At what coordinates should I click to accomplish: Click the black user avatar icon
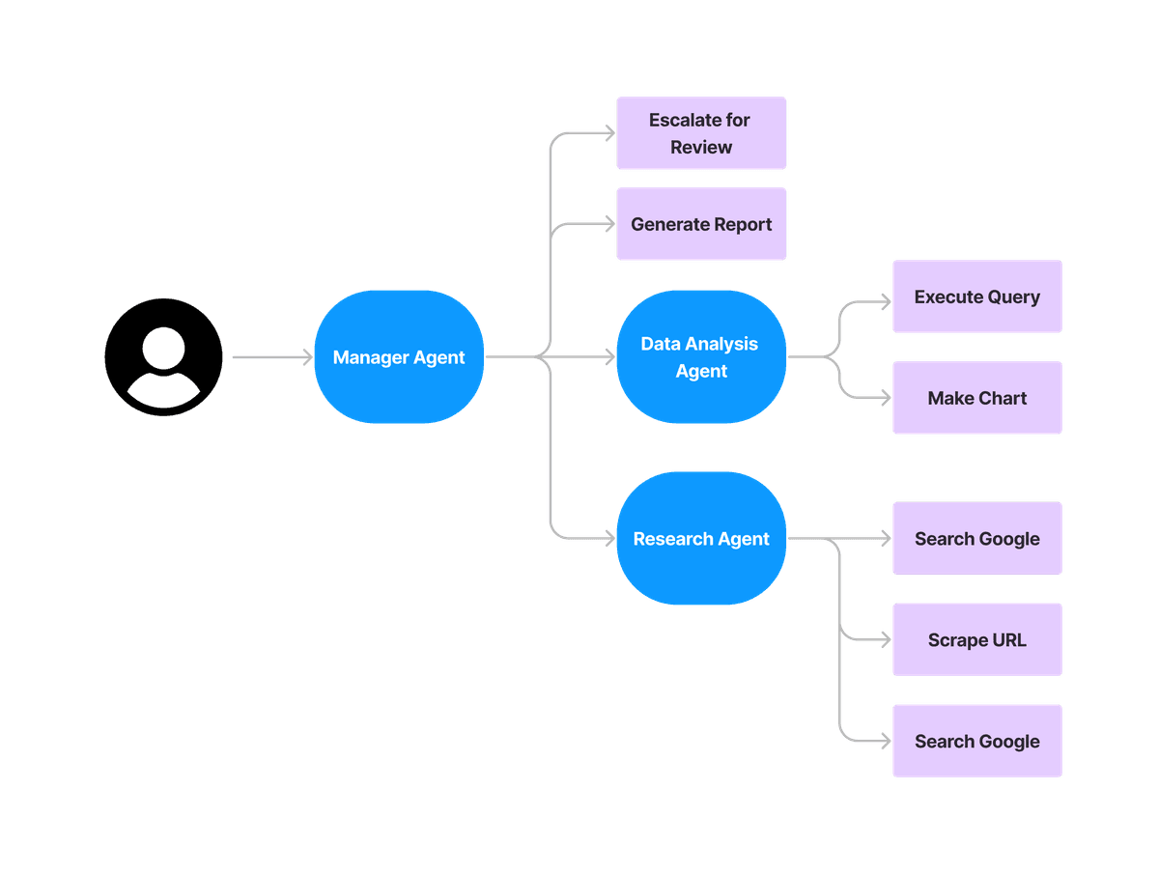[x=163, y=357]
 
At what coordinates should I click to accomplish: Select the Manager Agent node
[x=399, y=357]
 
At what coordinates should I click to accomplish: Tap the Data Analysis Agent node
[x=701, y=357]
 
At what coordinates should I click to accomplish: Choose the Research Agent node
[x=701, y=539]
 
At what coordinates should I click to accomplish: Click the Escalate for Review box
[x=701, y=133]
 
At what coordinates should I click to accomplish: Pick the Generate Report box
[x=701, y=224]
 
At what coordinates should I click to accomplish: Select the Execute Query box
[x=976, y=296]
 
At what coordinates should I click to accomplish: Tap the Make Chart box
[x=976, y=398]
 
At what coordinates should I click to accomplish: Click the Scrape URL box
[x=976, y=639]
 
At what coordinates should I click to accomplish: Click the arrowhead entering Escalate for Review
[x=608, y=133]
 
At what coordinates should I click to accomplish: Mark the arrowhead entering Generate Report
[x=608, y=224]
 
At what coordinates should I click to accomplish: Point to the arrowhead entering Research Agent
[x=608, y=539]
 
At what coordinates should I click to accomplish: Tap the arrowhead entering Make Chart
[x=885, y=398]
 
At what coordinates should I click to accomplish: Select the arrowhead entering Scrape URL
[x=885, y=639]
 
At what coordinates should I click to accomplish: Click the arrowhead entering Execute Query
[x=885, y=300]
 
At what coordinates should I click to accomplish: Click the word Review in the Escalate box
[x=701, y=148]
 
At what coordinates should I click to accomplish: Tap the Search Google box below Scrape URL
[x=976, y=741]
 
